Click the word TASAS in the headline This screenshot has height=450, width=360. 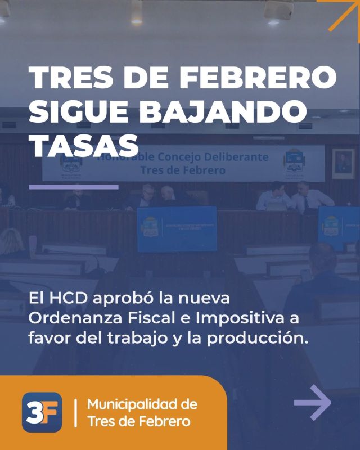(83, 146)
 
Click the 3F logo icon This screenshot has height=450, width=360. (42, 412)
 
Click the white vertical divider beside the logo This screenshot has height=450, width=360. (75, 412)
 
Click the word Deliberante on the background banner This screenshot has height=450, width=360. (237, 156)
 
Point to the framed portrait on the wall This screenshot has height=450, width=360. (343, 161)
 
